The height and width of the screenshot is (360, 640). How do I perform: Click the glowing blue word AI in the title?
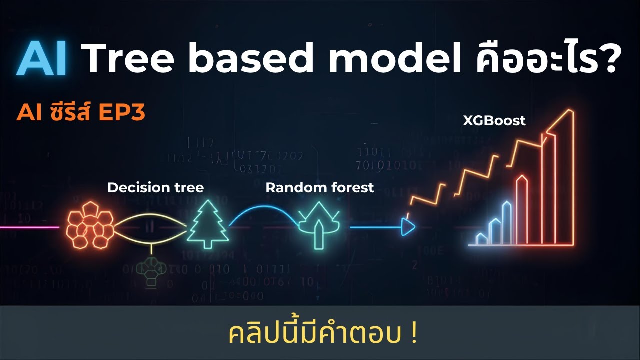[x=43, y=59]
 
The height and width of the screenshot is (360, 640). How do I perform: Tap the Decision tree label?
[x=155, y=188]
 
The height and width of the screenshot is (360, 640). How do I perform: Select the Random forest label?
[x=319, y=188]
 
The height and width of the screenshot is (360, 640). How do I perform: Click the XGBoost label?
[x=494, y=121]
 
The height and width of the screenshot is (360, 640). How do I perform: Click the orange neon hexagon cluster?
[x=90, y=225]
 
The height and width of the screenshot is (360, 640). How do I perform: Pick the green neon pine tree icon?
[x=208, y=226]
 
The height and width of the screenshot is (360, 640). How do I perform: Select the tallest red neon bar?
[x=565, y=180]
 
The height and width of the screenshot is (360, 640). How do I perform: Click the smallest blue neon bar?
[x=482, y=239]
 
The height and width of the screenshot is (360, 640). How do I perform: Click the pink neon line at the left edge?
[x=30, y=227]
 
